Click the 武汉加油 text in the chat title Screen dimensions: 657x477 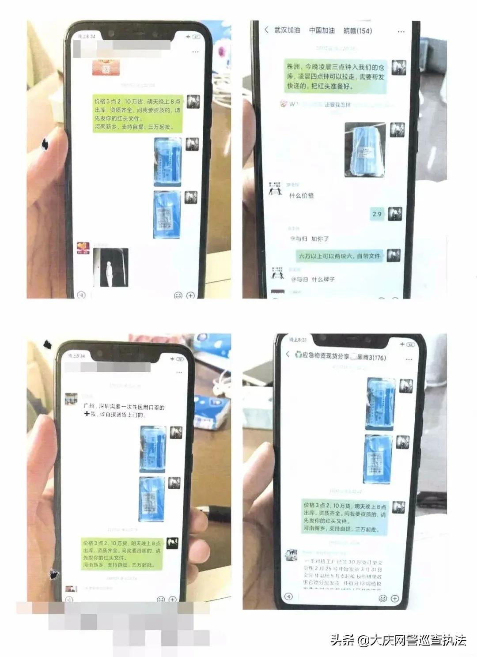coord(287,30)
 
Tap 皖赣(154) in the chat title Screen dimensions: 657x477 coord(358,30)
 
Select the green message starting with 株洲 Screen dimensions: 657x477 coord(336,76)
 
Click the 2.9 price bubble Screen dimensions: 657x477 coord(377,214)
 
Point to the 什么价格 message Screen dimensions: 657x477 coord(301,196)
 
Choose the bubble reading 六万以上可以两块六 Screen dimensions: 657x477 coord(339,256)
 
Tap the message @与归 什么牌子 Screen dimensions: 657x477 coord(313,279)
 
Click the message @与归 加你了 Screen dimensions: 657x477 coord(309,238)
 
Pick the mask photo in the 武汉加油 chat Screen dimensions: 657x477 coord(365,150)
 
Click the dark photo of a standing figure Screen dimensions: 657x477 coord(111,267)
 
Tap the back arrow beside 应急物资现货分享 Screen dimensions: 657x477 coord(288,354)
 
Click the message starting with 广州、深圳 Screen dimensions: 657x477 coord(124,410)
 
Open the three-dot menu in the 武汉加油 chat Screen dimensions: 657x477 coord(401,31)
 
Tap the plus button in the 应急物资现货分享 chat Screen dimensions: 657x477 coord(395,598)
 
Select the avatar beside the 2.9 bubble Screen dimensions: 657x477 coord(395,214)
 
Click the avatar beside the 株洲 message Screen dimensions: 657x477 coord(399,67)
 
